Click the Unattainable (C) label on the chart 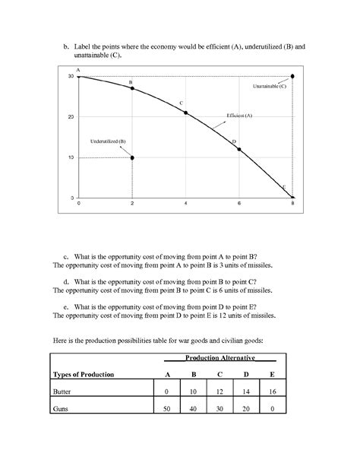pos(270,87)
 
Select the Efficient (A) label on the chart pos(239,115)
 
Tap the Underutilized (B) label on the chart pos(108,141)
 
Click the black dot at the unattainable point pos(293,76)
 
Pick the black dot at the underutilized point pos(132,158)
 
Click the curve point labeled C pos(186,113)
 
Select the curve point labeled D pos(239,149)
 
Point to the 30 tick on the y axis pos(71,76)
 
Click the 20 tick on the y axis pos(71,117)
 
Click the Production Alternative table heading pos(220,357)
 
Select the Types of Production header pos(84,375)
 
